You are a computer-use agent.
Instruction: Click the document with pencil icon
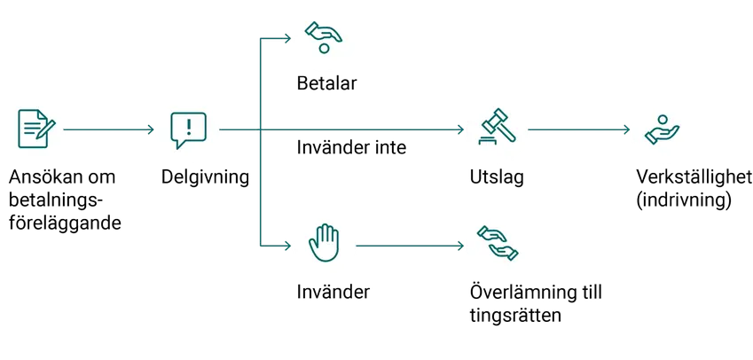tap(36, 129)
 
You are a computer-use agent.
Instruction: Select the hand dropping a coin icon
tap(323, 37)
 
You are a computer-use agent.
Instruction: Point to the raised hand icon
tap(324, 243)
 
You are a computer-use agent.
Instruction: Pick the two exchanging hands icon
tap(498, 243)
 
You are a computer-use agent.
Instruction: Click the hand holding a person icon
tap(663, 129)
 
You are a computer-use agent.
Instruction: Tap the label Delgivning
tap(205, 177)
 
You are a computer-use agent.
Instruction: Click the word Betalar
tap(326, 83)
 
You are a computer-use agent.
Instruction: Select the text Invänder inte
tap(351, 147)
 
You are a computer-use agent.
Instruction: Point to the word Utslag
tap(497, 177)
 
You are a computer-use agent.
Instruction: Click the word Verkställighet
tap(694, 177)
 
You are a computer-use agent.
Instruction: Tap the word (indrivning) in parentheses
tap(684, 200)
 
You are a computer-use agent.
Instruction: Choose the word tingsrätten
tap(516, 317)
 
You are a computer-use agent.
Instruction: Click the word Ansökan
tap(44, 177)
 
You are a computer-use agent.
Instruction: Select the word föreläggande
tap(65, 223)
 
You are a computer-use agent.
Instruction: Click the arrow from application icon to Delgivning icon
tap(108, 129)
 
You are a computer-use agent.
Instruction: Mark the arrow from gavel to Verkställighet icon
tap(578, 129)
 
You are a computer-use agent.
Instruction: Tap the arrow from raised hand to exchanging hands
tap(410, 246)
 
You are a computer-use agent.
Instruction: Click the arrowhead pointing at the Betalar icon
tap(288, 38)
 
